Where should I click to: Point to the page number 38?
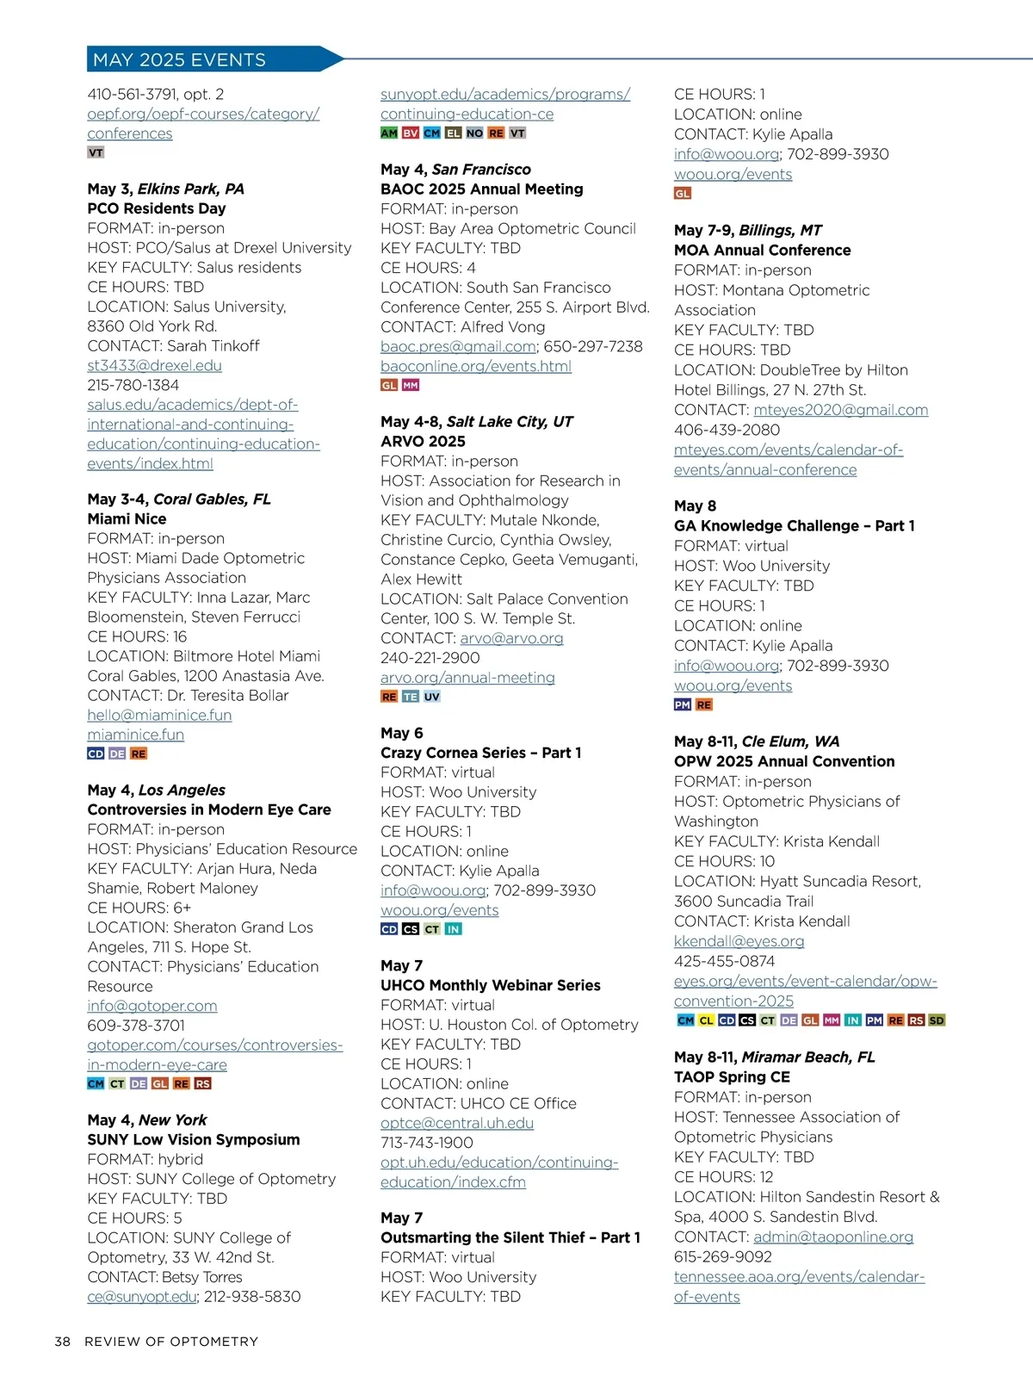coord(62,1342)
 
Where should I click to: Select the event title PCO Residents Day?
coord(157,208)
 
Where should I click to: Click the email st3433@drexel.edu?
coord(154,365)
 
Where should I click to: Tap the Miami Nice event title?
coord(127,518)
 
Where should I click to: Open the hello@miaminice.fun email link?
coord(159,715)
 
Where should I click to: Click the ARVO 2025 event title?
coord(423,441)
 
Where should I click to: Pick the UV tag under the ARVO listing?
coord(432,697)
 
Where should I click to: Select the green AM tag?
coord(389,133)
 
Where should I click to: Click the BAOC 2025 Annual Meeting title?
coord(482,189)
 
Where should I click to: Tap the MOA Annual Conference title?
coord(762,250)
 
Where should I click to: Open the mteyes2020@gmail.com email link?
coord(840,410)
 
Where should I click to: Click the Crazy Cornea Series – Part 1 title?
coord(480,753)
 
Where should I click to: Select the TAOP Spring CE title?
coord(732,1076)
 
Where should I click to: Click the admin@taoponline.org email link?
coord(832,1237)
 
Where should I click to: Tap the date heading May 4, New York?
coord(147,1119)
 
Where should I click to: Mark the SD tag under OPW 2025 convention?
coord(937,1020)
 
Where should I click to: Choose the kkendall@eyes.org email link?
coord(739,941)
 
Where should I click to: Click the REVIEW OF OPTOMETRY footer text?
coord(171,1342)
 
